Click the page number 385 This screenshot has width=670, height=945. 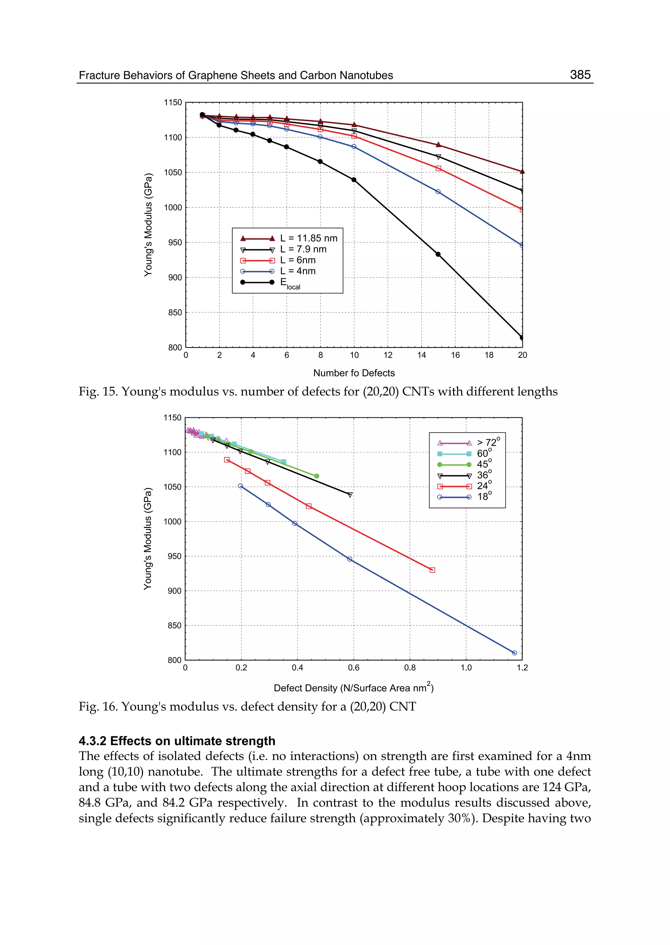[x=580, y=75]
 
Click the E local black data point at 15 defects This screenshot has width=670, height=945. [x=438, y=254]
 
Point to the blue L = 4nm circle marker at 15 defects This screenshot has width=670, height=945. [x=438, y=191]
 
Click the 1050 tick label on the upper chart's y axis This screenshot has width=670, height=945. [x=173, y=172]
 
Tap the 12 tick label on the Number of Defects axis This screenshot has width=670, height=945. [x=388, y=355]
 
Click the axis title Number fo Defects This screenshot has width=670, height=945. [x=354, y=373]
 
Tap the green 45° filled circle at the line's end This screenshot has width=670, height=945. [x=316, y=476]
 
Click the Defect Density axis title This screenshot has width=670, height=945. [x=354, y=688]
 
